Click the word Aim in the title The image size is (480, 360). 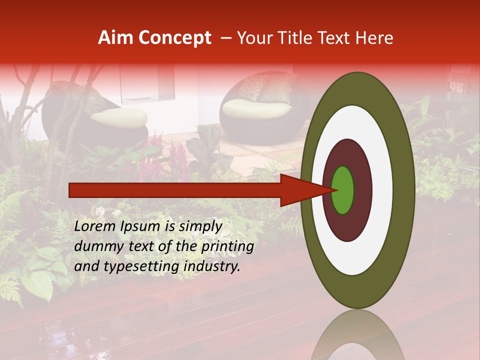[x=116, y=38]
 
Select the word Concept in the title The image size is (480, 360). [x=174, y=38]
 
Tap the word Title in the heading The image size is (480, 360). [x=301, y=38]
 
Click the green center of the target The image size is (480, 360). [x=343, y=190]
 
